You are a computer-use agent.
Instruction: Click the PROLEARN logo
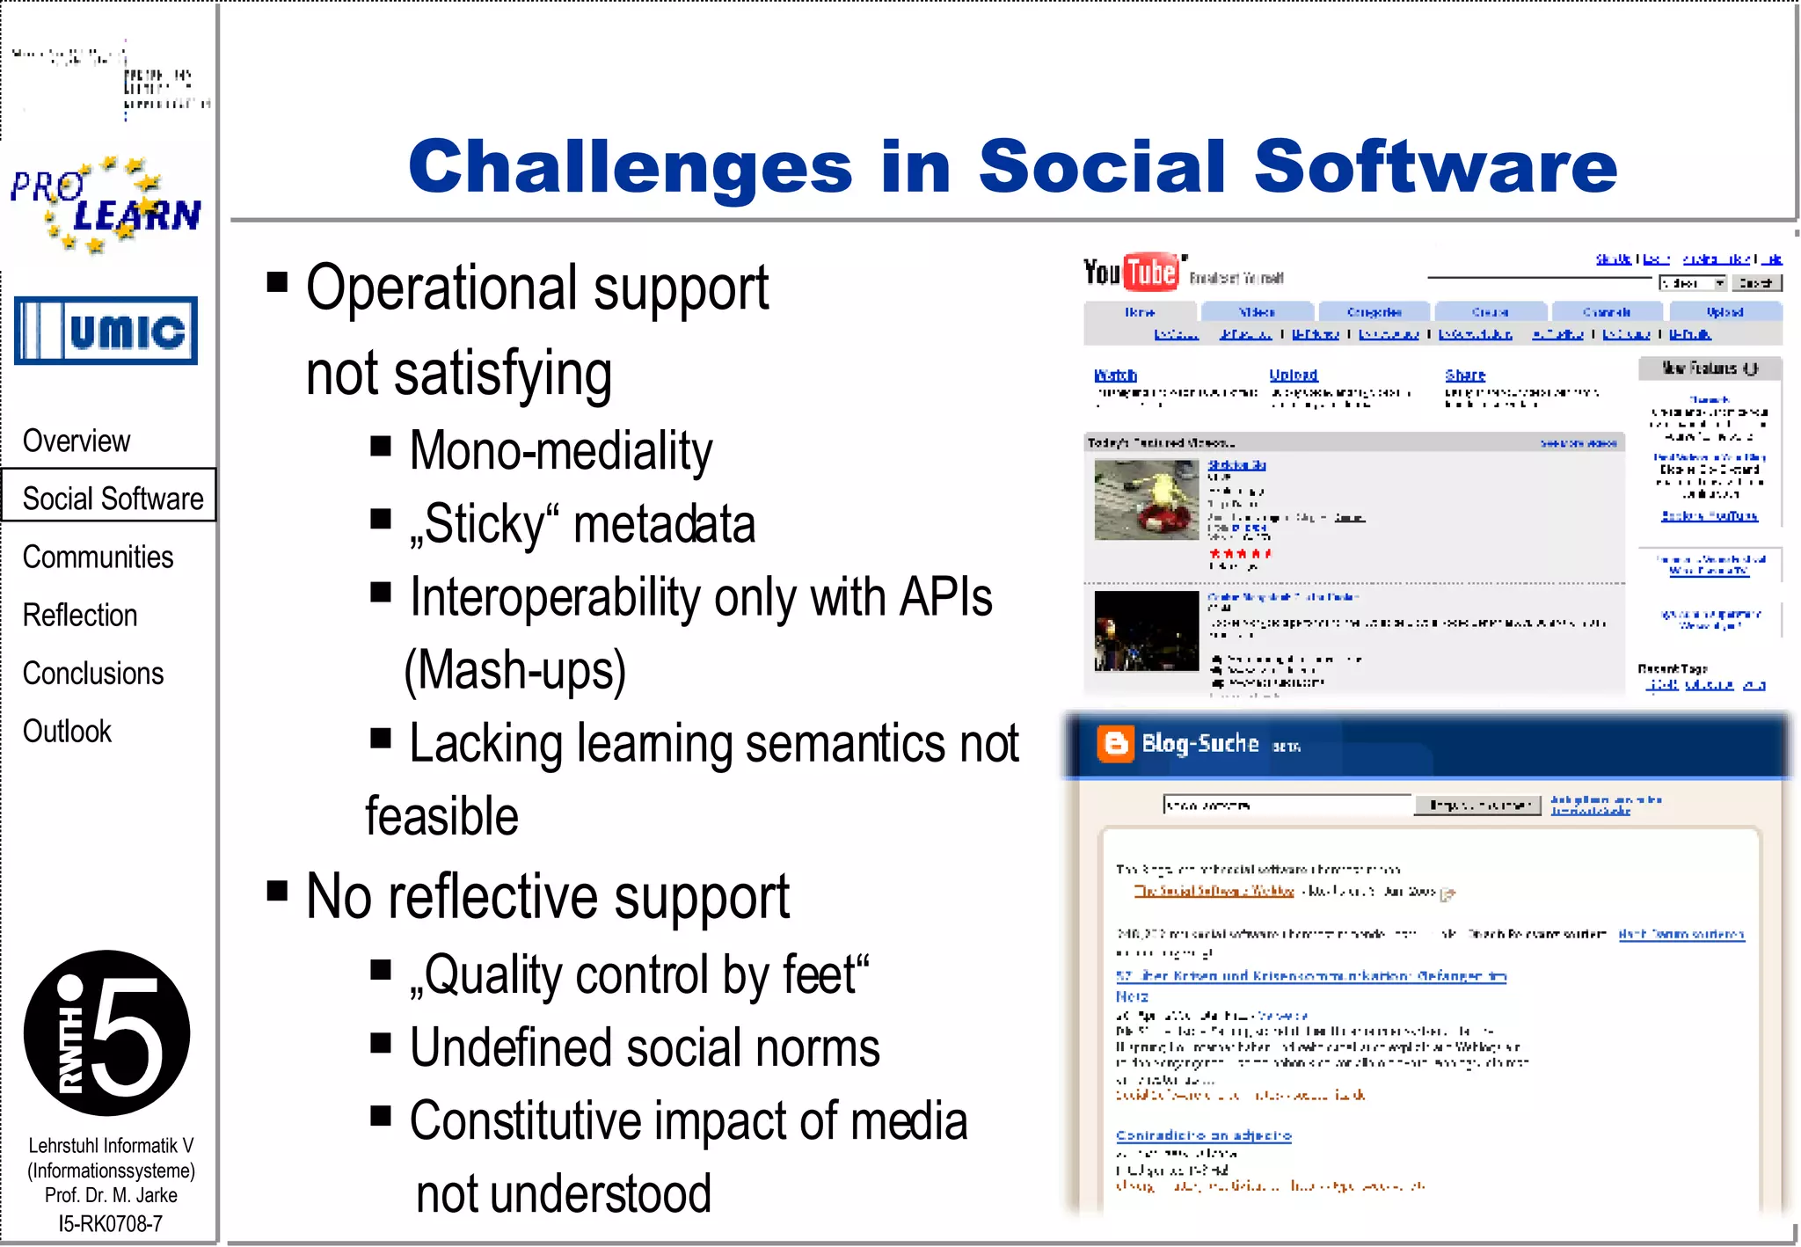point(106,205)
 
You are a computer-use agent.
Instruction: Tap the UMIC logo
point(106,332)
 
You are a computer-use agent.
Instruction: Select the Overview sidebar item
point(77,441)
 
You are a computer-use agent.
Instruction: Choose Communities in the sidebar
point(98,557)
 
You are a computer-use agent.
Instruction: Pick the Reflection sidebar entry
point(80,615)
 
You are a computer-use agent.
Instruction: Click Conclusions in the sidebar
point(93,673)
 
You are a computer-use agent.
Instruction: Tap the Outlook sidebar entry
point(67,731)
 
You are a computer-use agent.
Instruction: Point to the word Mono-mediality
point(561,451)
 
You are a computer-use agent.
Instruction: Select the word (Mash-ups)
point(515,670)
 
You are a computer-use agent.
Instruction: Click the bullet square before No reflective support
point(278,892)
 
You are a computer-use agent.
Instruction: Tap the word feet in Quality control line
point(825,974)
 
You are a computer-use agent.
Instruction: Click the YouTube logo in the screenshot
point(1131,272)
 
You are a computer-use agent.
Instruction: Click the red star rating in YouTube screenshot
point(1239,553)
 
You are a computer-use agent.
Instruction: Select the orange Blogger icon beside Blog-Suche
point(1115,744)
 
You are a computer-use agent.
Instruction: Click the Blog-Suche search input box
point(1287,805)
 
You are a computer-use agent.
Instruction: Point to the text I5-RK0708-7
point(110,1223)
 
